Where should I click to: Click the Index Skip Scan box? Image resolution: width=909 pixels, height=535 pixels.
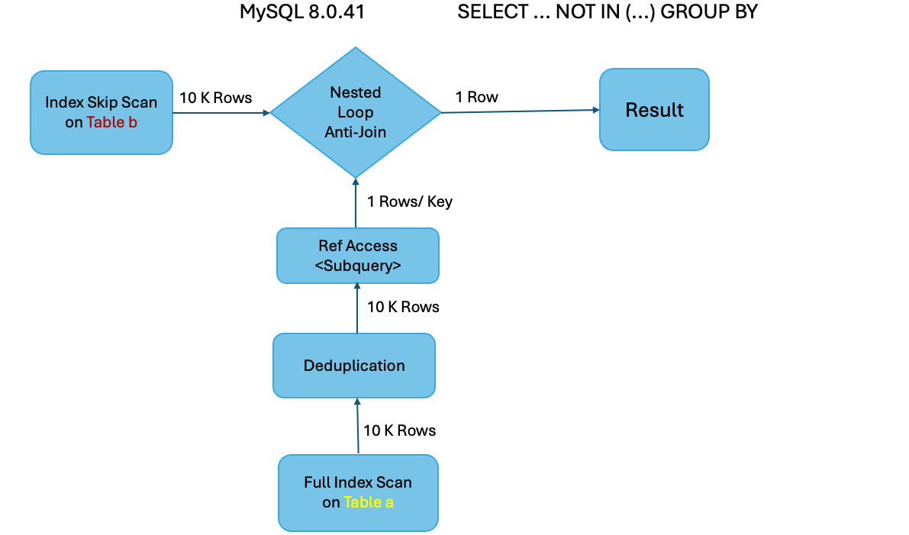click(x=101, y=112)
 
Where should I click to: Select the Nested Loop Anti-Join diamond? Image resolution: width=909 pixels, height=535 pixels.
click(x=356, y=112)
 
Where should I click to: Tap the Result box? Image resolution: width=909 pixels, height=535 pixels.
click(x=654, y=110)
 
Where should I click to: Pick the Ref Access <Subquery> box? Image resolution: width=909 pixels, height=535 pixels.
click(x=358, y=256)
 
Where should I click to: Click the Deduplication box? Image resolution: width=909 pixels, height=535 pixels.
click(x=354, y=366)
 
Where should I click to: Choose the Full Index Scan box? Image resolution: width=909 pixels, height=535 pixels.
click(x=358, y=492)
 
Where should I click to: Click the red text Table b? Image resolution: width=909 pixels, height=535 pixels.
click(x=111, y=122)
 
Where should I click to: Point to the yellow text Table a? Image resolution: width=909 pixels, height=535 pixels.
click(x=369, y=502)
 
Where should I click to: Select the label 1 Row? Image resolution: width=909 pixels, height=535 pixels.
click(x=476, y=97)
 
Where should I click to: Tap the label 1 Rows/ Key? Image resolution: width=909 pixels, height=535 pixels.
click(x=409, y=201)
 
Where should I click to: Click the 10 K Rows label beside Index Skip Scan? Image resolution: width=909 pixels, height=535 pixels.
click(x=215, y=98)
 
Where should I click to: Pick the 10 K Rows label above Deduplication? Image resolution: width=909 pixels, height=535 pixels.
click(x=403, y=307)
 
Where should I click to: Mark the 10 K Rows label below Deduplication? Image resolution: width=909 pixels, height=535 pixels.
click(x=399, y=430)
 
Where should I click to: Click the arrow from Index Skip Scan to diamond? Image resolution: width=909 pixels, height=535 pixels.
click(x=221, y=113)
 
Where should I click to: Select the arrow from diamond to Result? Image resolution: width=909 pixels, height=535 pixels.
click(x=519, y=111)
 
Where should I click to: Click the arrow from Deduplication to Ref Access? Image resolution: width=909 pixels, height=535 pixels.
click(x=356, y=308)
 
